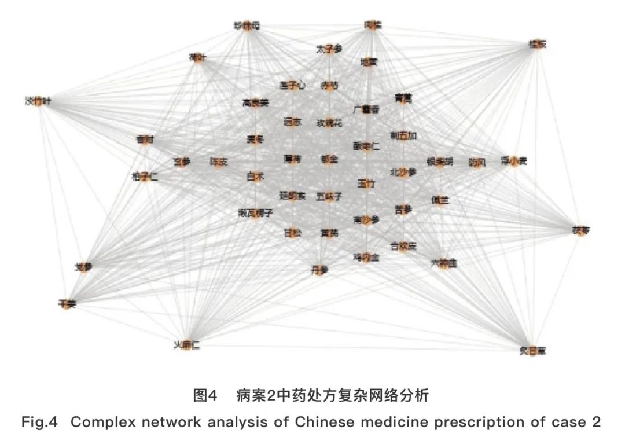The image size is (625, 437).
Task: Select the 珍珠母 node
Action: pyautogui.click(x=247, y=26)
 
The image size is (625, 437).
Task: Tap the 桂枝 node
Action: pyautogui.click(x=538, y=44)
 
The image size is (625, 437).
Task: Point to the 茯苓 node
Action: pyautogui.click(x=580, y=230)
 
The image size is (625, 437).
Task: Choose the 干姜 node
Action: pyautogui.click(x=67, y=303)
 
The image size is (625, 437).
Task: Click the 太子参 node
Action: pyautogui.click(x=329, y=50)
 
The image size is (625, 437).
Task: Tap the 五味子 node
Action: pyautogui.click(x=329, y=197)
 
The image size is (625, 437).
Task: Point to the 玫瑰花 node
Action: pyautogui.click(x=329, y=123)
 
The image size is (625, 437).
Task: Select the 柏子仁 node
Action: pyautogui.click(x=145, y=177)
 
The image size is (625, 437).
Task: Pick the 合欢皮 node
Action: pyautogui.click(x=403, y=245)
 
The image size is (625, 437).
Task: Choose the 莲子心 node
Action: pyautogui.click(x=292, y=85)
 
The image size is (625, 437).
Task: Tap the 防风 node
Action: pyautogui.click(x=477, y=163)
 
